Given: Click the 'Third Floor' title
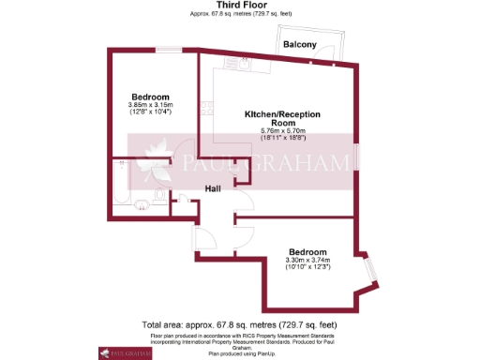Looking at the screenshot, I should pos(239,6).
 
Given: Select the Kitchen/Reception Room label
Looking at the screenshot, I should pos(282,117).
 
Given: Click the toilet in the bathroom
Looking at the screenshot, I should pos(141,202).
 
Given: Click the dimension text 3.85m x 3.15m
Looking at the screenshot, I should pos(150,105).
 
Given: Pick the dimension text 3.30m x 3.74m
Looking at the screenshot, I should pos(308,261).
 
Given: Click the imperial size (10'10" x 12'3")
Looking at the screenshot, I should pos(308,268).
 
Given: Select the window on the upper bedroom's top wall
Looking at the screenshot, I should pos(169,49).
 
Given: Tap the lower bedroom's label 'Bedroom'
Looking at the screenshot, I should pos(308,252).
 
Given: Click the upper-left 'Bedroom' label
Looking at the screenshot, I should pos(150,97).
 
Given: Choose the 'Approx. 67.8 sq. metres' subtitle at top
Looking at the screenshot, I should pos(239,15).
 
